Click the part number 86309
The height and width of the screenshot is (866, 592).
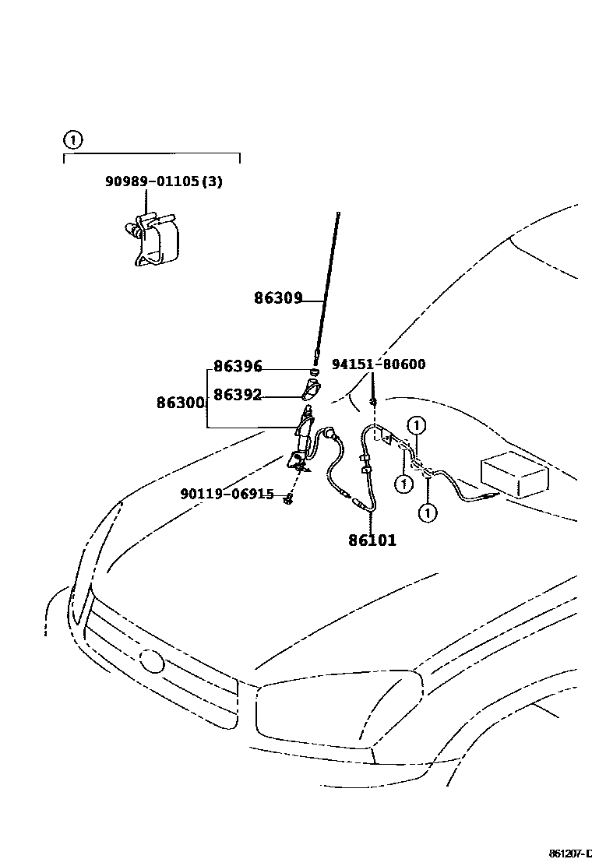pos(277,297)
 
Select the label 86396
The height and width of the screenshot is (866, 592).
pos(238,366)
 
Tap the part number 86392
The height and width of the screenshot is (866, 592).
pos(238,395)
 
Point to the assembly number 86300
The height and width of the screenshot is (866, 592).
pos(181,403)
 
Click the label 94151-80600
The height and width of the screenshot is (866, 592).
pos(379,364)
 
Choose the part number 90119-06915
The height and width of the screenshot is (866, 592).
pos(227,494)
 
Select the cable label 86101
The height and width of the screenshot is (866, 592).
pos(372,540)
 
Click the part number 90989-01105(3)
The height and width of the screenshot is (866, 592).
pos(164,181)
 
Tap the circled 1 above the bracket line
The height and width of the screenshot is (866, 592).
pos(72,140)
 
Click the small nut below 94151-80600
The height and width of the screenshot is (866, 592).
pos(374,401)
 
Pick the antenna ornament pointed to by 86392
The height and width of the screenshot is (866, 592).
pos(310,387)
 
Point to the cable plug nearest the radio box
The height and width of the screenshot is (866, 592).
pos(487,495)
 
